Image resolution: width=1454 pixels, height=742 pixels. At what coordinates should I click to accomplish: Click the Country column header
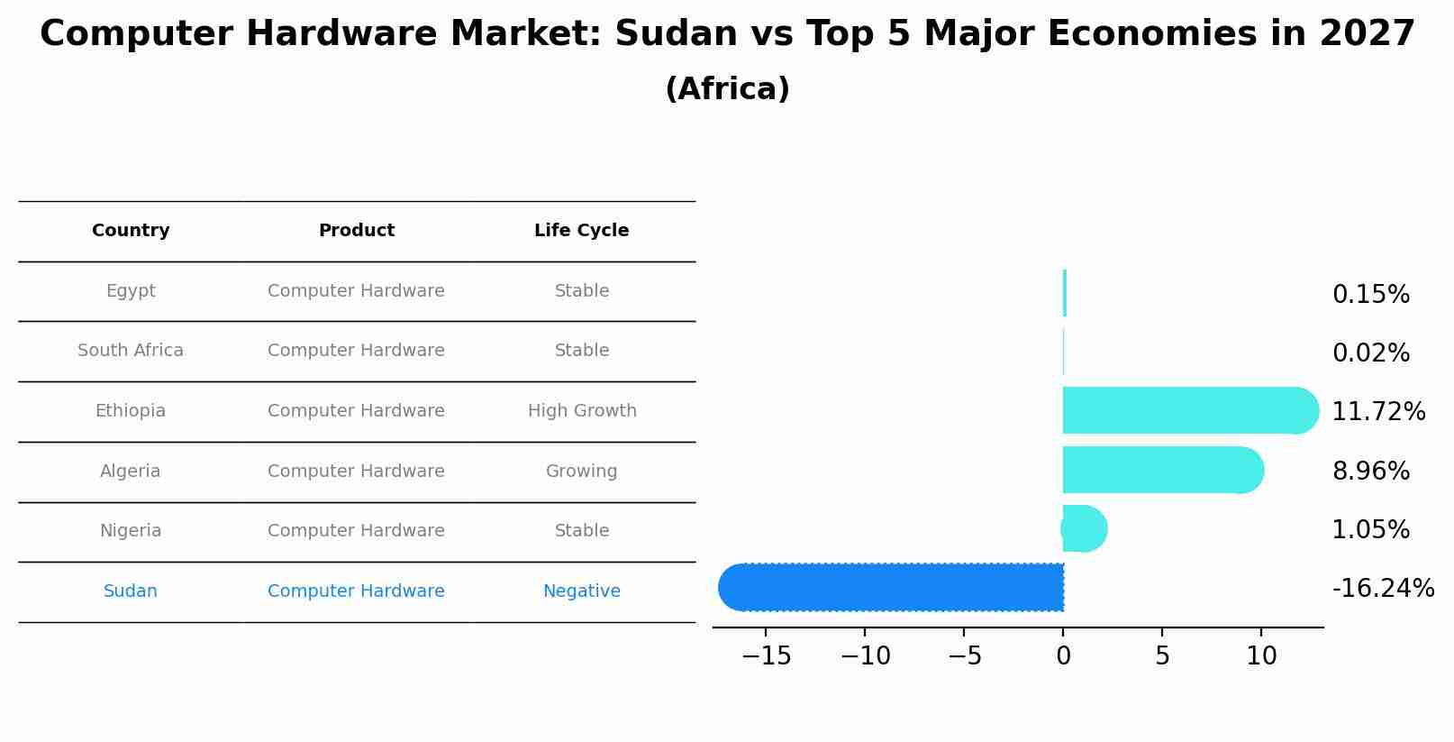coord(131,231)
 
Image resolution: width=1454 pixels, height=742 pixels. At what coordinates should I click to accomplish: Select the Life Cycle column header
coord(581,231)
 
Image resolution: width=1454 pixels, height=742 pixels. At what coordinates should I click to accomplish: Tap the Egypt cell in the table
coord(131,291)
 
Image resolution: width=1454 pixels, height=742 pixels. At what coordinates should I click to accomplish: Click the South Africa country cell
coord(131,351)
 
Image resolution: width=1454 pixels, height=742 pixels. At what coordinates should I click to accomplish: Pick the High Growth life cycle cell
coord(582,411)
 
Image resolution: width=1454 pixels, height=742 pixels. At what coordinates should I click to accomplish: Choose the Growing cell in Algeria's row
coord(581,472)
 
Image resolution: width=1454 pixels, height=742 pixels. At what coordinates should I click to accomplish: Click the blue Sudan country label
coord(131,591)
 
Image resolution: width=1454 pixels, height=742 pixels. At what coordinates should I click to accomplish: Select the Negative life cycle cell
coord(581,591)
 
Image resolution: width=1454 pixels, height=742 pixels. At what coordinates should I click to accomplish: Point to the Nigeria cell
coord(131,531)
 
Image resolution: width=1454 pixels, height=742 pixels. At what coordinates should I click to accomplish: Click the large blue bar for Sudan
coord(892,587)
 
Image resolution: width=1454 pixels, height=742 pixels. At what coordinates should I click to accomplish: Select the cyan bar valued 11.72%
coord(1189,411)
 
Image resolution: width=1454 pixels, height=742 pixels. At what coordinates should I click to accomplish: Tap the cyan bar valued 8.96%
coord(1162,470)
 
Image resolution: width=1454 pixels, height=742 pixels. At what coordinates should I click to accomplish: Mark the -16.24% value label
coord(1383,589)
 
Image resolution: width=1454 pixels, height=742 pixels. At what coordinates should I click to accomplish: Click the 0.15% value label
coord(1370,295)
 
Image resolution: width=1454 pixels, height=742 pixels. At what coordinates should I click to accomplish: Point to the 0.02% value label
coord(1370,353)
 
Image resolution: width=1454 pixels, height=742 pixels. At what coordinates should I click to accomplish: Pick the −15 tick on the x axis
coord(766,656)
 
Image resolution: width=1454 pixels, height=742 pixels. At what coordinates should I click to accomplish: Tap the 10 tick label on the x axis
coord(1261,656)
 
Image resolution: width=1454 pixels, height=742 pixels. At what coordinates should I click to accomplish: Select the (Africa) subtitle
coord(727,89)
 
